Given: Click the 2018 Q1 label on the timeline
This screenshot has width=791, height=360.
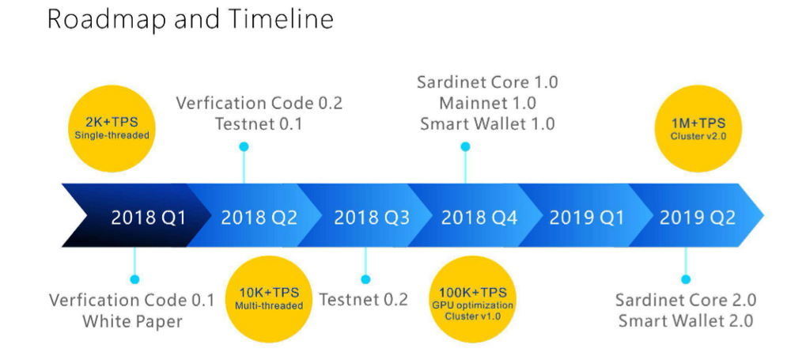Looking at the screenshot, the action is pos(149,218).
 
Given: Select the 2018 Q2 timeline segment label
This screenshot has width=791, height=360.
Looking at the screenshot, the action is pos(259,218).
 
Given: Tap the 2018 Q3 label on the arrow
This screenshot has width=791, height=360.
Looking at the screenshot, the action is pos(372,218).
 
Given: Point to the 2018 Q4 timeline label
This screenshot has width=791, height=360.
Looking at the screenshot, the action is pos(479,218).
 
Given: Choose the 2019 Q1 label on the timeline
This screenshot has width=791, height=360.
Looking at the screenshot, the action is pos(587,218).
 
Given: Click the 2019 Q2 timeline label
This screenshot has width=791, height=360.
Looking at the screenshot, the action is pos(697,218).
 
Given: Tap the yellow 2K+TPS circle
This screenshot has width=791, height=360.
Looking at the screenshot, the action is pos(112,128).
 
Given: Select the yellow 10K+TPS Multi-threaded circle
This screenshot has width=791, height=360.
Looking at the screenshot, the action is pos(269,299).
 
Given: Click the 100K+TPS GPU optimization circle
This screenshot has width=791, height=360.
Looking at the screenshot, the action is pos(473,299).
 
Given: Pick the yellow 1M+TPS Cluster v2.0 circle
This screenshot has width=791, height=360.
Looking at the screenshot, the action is pos(698,128).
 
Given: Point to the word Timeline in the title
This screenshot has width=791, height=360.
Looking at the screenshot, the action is pos(281,18).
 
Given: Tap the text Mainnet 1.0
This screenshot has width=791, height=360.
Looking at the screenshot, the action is pos(487,103).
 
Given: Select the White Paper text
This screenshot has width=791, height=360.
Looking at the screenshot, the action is pos(132,321).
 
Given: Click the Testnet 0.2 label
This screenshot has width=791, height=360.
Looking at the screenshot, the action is pos(363,299).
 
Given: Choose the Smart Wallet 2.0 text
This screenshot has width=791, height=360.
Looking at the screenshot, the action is pos(686,320).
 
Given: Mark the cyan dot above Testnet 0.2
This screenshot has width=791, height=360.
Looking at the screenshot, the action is pos(365,279).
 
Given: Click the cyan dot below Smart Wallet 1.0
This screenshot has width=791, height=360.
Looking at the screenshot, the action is pos(465,146).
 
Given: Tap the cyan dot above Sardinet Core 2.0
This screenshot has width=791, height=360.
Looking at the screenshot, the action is pos(686,279).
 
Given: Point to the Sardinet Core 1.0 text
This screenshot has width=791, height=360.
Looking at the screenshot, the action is pos(487,82).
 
